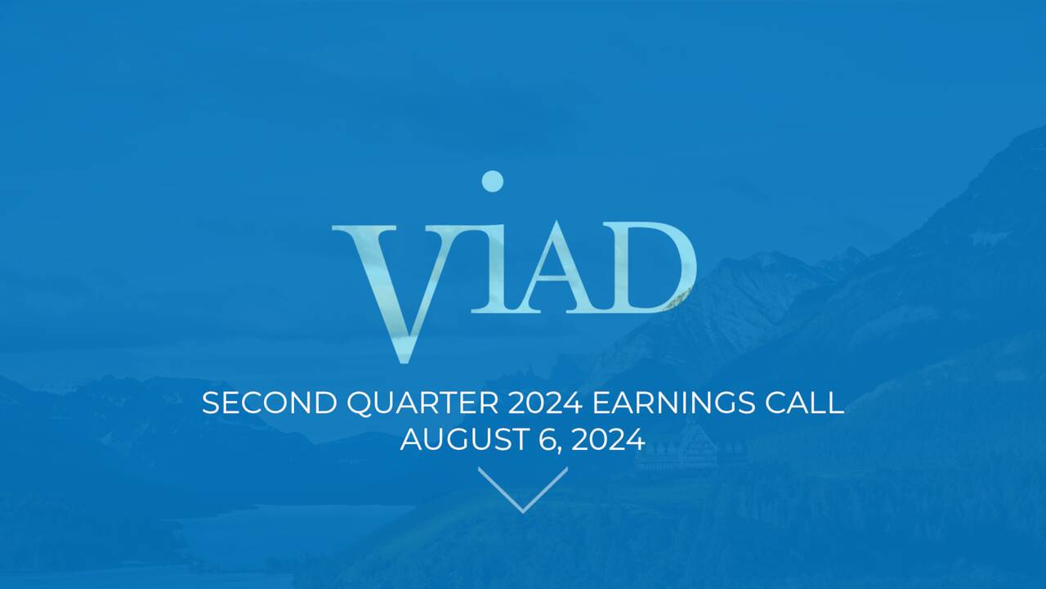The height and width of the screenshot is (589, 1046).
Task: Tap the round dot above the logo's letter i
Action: point(492,181)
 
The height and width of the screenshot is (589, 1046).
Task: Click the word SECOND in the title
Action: point(269,403)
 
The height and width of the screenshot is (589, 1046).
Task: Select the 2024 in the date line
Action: point(608,440)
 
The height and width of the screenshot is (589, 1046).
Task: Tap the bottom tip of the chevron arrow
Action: point(523,510)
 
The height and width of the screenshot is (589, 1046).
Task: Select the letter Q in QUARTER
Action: point(360,403)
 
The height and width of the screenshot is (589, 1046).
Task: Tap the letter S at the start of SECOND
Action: point(211,403)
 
